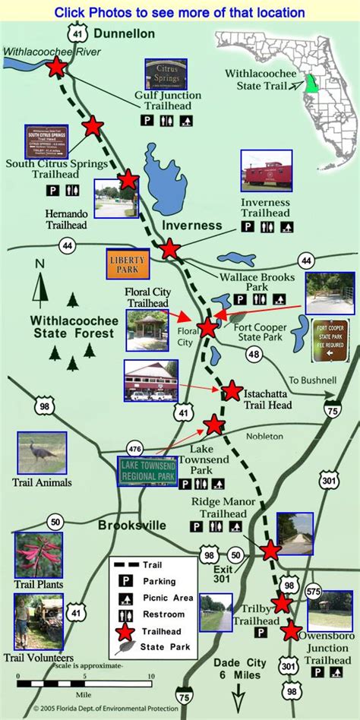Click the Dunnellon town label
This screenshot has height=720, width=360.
pos(125,33)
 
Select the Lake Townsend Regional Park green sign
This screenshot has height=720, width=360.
pos(147,471)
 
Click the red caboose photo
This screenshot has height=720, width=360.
pos(267,171)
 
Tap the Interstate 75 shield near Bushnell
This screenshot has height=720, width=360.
pos(332,410)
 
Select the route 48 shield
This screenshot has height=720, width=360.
pos(254,353)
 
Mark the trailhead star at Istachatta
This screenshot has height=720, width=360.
pos(232,391)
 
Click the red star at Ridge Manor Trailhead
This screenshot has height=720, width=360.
pos(270,551)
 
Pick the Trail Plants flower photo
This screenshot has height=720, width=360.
pos(39,555)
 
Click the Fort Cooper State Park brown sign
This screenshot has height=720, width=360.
pos(332,340)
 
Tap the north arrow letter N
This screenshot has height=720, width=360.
pos(39,264)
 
